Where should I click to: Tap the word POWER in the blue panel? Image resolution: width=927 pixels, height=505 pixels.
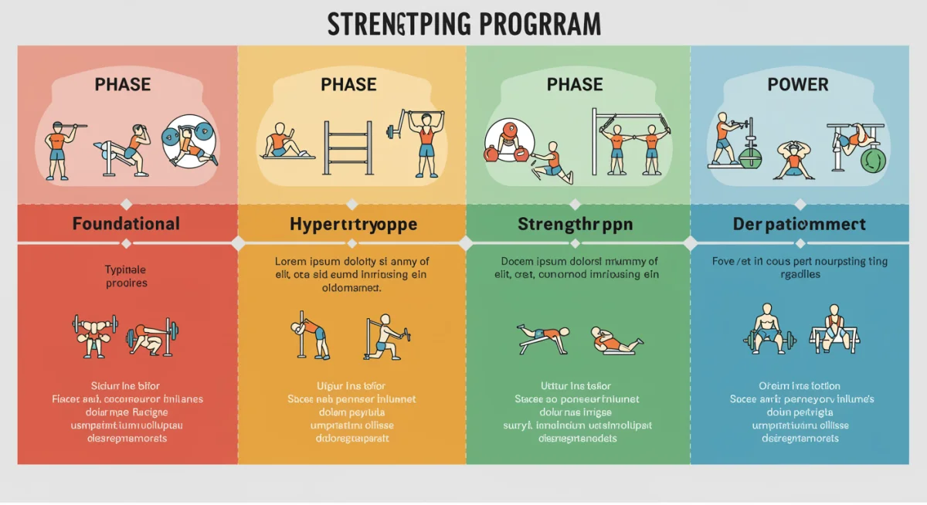pyautogui.click(x=798, y=84)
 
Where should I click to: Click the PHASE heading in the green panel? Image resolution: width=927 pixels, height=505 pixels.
pyautogui.click(x=574, y=84)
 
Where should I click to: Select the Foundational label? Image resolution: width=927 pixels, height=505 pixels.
pyautogui.click(x=126, y=224)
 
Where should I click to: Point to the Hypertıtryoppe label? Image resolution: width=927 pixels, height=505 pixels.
pyautogui.click(x=353, y=225)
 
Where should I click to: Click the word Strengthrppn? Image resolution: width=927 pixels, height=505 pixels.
pyautogui.click(x=575, y=225)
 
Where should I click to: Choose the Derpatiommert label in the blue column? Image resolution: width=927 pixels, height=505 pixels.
pyautogui.click(x=799, y=225)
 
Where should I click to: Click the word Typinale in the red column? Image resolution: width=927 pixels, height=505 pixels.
pyautogui.click(x=125, y=269)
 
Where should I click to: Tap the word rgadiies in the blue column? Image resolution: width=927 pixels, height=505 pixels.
pyautogui.click(x=799, y=274)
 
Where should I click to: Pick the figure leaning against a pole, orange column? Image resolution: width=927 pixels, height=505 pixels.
pyautogui.click(x=308, y=334)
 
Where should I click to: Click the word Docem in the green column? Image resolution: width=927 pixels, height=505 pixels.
pyautogui.click(x=518, y=261)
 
